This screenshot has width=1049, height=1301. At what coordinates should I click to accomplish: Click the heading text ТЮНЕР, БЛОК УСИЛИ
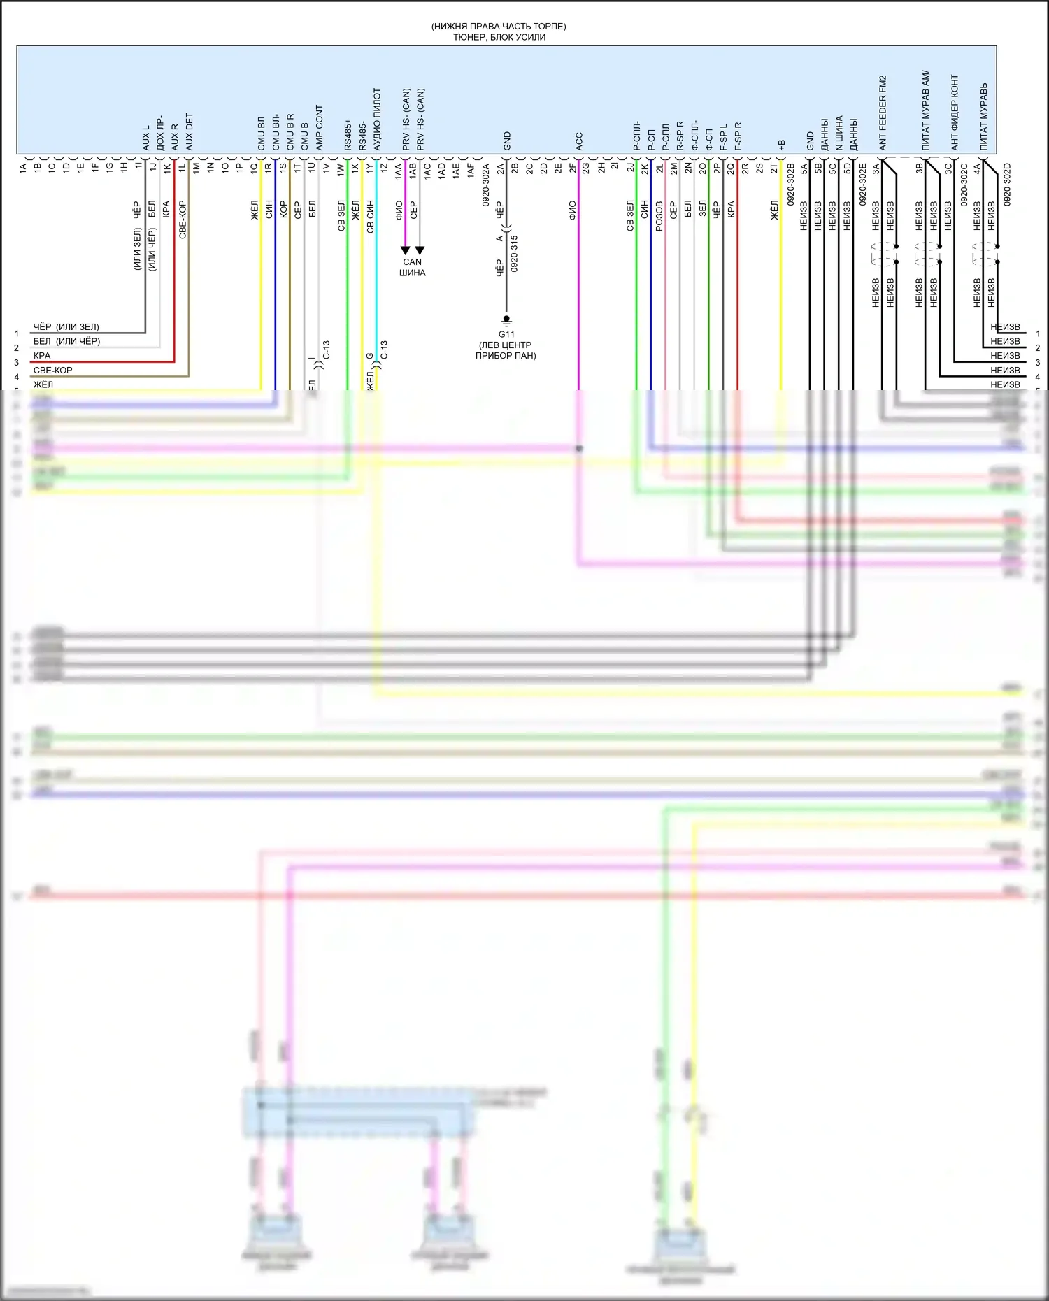(499, 37)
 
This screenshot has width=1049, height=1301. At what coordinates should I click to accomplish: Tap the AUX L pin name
(146, 138)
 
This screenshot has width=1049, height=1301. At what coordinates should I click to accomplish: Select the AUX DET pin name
(189, 131)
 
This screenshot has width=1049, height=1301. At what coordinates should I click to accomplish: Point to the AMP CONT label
(319, 128)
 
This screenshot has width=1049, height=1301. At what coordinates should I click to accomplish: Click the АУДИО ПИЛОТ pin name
(377, 119)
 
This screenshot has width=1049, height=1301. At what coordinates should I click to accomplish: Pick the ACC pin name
(578, 141)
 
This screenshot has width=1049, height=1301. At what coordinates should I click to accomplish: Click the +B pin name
(781, 144)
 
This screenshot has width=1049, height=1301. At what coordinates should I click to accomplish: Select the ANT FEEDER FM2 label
(883, 113)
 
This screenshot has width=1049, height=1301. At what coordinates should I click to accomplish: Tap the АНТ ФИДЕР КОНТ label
(955, 113)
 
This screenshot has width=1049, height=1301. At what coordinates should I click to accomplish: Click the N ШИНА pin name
(839, 133)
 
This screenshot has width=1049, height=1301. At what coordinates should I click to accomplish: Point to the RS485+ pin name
(348, 134)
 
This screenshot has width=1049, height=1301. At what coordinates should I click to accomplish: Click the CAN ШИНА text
(413, 267)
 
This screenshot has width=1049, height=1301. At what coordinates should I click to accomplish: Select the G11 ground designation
(506, 334)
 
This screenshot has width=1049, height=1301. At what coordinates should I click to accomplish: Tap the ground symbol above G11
(506, 321)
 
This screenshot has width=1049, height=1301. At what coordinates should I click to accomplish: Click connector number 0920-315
(514, 253)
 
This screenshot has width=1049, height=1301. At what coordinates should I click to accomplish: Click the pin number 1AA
(399, 171)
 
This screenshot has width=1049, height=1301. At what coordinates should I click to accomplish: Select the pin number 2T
(774, 168)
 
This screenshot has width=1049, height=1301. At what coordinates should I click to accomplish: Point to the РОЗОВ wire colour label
(659, 217)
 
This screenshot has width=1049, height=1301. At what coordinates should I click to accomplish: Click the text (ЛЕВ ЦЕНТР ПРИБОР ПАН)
(506, 350)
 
